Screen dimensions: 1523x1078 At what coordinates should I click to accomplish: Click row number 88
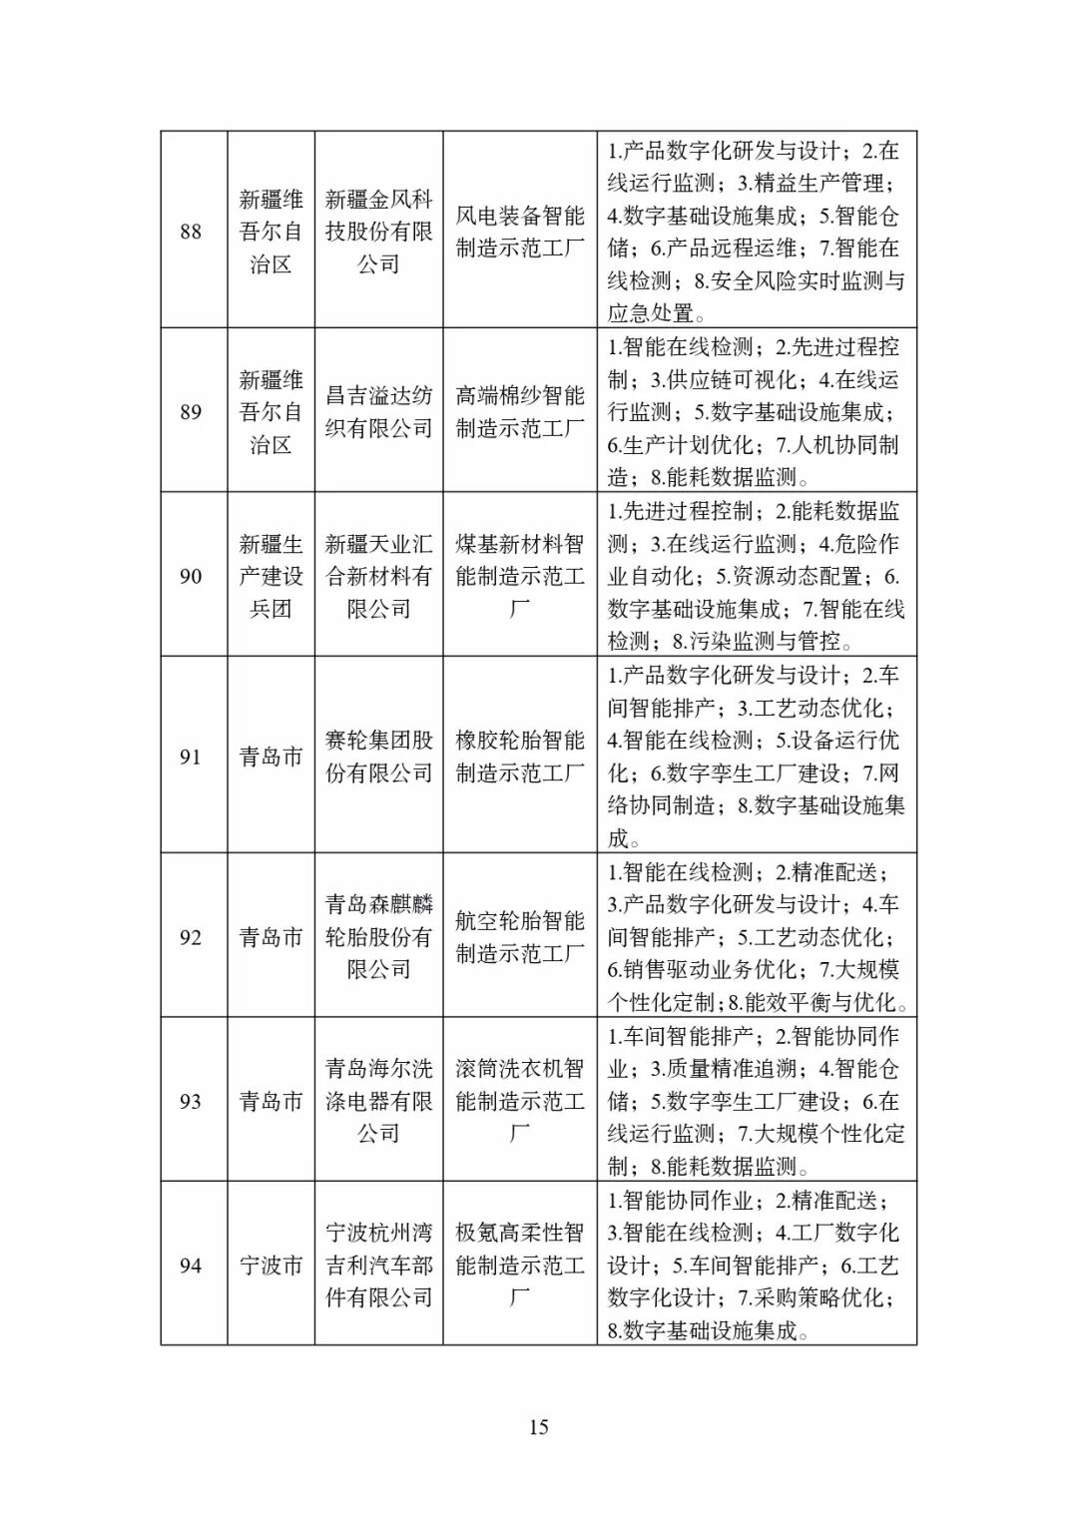(x=191, y=232)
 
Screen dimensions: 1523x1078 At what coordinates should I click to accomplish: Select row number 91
(x=191, y=757)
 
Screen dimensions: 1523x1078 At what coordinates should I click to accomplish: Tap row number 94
(x=191, y=1266)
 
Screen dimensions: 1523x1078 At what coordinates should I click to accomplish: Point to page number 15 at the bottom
(x=538, y=1427)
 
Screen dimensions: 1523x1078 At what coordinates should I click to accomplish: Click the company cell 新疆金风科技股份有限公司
(x=379, y=232)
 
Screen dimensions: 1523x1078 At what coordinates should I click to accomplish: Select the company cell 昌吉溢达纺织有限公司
(x=379, y=412)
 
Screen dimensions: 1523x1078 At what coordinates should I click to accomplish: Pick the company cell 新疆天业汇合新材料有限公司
(x=379, y=576)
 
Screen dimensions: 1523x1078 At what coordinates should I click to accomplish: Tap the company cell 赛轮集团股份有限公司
(x=379, y=757)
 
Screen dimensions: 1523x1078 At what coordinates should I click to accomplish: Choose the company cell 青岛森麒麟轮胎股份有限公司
(x=379, y=936)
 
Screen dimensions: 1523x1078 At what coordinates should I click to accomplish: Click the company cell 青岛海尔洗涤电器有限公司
(x=379, y=1101)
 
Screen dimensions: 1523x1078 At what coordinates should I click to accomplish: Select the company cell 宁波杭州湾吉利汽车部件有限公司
(x=379, y=1266)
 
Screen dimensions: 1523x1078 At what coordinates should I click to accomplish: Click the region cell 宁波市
(x=270, y=1266)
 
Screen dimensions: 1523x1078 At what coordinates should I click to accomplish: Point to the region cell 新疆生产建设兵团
(x=270, y=576)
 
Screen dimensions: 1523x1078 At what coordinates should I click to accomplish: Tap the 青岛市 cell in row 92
(x=270, y=937)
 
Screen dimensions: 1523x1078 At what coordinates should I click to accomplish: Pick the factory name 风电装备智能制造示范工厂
(x=520, y=232)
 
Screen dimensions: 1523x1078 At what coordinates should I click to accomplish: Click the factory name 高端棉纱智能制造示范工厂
(x=520, y=412)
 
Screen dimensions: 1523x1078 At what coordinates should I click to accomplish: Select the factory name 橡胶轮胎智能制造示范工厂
(x=520, y=757)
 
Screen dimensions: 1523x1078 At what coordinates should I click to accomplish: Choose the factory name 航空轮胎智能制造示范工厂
(x=520, y=936)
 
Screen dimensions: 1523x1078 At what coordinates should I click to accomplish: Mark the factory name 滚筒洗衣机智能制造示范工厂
(x=520, y=1101)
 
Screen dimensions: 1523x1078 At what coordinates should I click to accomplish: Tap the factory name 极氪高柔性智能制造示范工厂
(x=520, y=1266)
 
